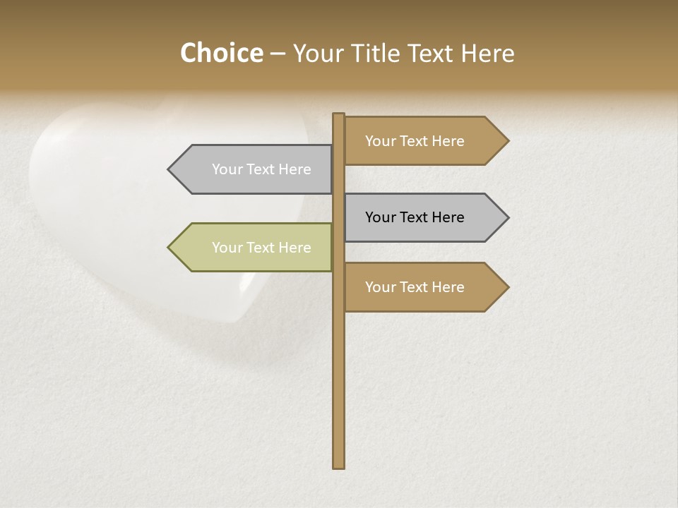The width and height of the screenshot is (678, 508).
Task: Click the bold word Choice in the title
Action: coord(221,53)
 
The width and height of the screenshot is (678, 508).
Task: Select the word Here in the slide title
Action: coord(487,53)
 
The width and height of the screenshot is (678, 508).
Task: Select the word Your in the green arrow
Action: coord(227,248)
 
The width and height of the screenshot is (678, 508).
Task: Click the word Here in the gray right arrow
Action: coord(447,217)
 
